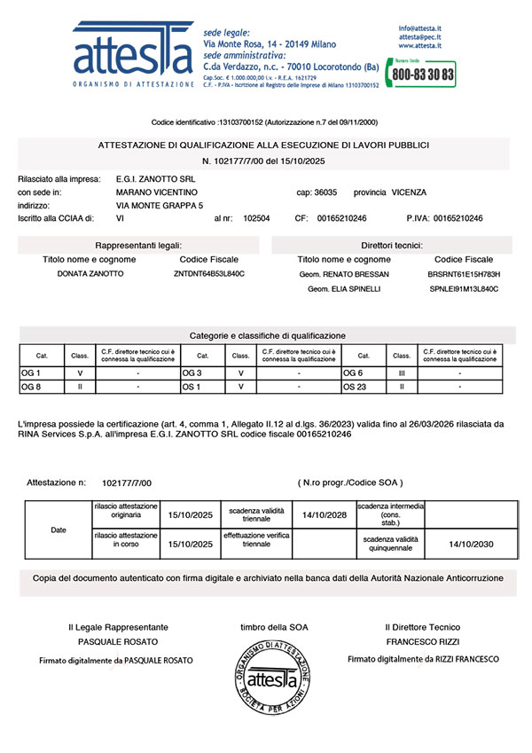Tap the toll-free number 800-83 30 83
424,75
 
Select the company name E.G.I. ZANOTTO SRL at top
155,179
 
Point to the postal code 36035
326,192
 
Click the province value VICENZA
409,192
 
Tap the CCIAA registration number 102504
256,218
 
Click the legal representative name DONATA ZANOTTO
90,274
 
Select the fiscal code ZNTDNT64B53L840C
209,274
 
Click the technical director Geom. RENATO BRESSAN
345,275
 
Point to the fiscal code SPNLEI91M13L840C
464,289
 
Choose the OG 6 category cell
352,373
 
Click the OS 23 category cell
354,387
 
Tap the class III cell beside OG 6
401,373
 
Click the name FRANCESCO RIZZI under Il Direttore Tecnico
423,641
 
